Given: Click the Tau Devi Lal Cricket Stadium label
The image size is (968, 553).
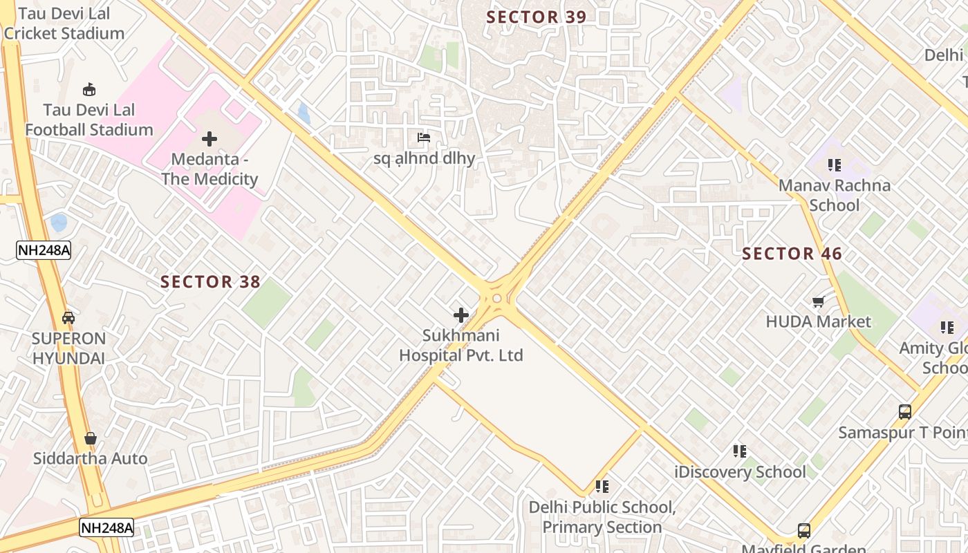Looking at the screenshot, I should (64, 24).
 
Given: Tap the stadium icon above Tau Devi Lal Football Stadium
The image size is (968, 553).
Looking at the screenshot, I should (89, 89).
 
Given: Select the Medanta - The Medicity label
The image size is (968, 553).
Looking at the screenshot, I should (210, 169).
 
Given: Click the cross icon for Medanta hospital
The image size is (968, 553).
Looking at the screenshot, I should (210, 139).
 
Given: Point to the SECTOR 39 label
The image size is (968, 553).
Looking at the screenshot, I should (536, 17).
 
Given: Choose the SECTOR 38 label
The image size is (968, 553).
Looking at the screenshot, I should (210, 282).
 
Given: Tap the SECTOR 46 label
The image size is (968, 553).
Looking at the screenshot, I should (792, 254).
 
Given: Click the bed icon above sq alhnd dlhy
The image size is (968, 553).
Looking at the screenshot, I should (424, 138).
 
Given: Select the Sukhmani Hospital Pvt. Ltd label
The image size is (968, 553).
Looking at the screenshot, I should (461, 346).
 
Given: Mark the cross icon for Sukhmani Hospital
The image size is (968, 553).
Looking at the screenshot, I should (461, 316).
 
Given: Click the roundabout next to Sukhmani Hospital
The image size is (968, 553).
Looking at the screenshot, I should (496, 299).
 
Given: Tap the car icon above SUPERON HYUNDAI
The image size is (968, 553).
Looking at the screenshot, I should (68, 318).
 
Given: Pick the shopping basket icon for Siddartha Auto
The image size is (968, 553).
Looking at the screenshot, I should (91, 438).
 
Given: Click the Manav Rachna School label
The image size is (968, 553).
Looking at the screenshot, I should (834, 195).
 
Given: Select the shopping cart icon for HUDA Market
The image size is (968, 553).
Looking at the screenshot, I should (819, 302).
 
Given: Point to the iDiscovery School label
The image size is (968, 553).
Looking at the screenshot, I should (740, 472).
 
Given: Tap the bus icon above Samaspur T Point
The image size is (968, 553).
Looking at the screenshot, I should (904, 412).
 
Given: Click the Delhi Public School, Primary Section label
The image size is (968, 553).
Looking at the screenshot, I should (602, 517).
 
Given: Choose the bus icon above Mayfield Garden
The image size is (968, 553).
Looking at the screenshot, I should (803, 531).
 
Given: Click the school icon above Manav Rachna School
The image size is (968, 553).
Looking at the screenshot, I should (834, 165).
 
